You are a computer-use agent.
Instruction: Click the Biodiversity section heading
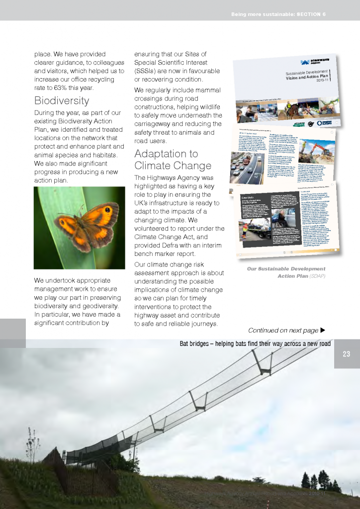click(x=62, y=101)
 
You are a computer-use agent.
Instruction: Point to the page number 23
click(x=347, y=354)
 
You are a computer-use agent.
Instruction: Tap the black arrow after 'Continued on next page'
click(x=323, y=331)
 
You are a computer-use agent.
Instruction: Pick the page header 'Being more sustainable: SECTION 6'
click(x=278, y=14)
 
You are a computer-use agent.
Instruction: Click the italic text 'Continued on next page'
click(x=282, y=331)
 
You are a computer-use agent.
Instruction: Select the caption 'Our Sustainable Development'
click(x=286, y=269)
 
